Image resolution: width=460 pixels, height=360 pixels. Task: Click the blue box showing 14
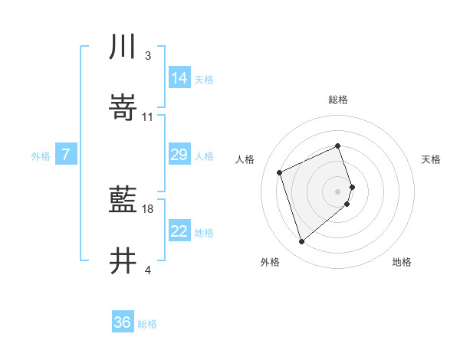[179, 77]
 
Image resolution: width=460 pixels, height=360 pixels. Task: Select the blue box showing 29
[179, 155]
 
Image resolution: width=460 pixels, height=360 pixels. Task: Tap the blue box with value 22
[179, 231]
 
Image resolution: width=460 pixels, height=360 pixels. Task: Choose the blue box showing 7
[66, 155]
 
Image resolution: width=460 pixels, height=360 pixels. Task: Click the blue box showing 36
[123, 322]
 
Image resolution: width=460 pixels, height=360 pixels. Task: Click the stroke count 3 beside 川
[147, 56]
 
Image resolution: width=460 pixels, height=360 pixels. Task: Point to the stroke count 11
[148, 117]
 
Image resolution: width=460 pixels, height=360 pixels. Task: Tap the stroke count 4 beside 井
[147, 270]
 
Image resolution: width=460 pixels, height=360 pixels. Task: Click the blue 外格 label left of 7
[41, 155]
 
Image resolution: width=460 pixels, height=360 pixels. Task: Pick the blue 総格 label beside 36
[147, 324]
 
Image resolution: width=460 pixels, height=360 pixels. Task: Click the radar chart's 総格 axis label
[338, 100]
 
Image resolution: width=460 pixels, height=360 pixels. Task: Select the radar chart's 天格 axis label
[432, 159]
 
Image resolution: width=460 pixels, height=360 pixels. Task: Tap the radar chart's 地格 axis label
[402, 262]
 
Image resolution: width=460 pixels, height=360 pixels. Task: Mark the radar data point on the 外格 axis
[301, 242]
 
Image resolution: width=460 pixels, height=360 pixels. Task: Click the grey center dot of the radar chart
[338, 191]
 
